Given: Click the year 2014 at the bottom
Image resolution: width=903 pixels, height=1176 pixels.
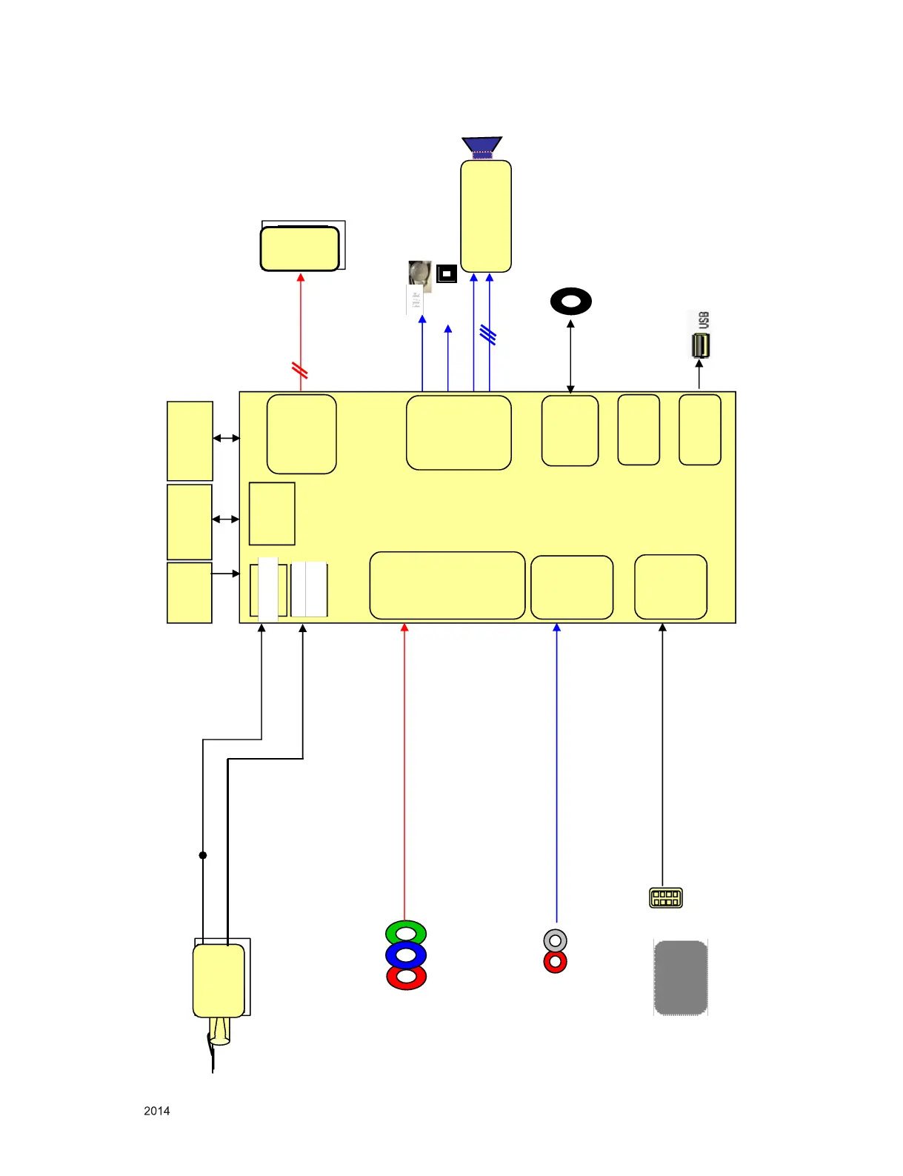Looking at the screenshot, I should (x=156, y=1111).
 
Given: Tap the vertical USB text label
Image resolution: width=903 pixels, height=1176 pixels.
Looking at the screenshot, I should (x=704, y=320).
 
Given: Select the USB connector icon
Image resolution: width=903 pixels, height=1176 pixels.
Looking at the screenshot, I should (x=700, y=346).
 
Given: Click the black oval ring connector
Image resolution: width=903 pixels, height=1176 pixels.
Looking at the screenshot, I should (x=571, y=302).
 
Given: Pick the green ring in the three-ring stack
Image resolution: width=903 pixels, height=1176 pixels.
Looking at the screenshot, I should (x=406, y=932).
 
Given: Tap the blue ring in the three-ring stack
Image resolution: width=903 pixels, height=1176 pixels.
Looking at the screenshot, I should (x=406, y=954).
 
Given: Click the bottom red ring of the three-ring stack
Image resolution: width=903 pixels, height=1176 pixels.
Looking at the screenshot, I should (x=406, y=977).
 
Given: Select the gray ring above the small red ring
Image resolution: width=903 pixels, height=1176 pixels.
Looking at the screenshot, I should (x=555, y=941).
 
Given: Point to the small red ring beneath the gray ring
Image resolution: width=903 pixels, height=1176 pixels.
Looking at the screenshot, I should (x=555, y=963).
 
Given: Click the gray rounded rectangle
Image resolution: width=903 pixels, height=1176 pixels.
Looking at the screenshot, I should (x=681, y=977).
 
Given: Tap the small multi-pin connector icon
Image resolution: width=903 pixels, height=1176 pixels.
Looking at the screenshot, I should (x=665, y=898).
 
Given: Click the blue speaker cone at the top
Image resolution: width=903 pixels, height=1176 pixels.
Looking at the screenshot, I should (x=482, y=147).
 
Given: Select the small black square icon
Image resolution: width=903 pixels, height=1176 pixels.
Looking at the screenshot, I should (x=447, y=273).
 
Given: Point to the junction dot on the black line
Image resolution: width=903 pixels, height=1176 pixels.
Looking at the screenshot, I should (x=203, y=855).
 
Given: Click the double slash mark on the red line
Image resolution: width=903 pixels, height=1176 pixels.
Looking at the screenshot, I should (x=300, y=370).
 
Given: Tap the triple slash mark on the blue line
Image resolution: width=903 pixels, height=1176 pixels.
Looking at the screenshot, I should (x=487, y=335).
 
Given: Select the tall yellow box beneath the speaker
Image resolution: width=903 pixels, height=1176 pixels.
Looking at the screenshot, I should (x=486, y=216).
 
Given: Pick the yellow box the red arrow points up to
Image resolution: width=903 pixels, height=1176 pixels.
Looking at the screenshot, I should (x=300, y=249).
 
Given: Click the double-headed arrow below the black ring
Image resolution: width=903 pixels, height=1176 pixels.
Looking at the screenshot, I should (x=570, y=356).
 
